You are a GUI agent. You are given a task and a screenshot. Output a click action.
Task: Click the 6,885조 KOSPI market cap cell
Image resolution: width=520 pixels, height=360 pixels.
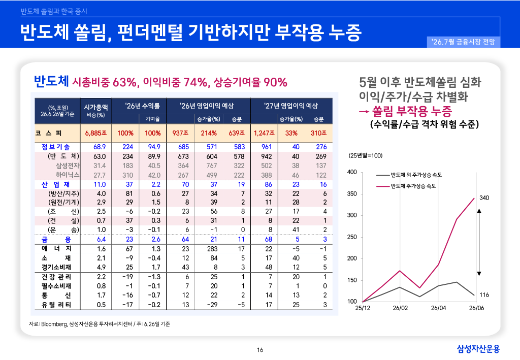point(96,133)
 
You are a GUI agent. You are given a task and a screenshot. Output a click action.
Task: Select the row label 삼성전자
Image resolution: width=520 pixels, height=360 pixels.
point(68,166)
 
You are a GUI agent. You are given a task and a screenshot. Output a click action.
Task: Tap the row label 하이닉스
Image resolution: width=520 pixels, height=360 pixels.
point(68,175)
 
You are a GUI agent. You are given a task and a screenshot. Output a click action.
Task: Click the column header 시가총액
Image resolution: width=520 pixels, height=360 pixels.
point(96,107)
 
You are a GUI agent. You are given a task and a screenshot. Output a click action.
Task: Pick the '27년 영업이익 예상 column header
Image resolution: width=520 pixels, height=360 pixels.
point(291,106)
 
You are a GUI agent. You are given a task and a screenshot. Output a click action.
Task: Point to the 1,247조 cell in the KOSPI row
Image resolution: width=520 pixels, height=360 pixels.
point(264,133)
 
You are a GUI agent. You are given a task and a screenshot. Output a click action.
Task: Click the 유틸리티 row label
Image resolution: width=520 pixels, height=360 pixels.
point(56,305)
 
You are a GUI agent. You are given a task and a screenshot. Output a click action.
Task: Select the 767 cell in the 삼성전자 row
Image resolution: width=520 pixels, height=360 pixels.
point(212,166)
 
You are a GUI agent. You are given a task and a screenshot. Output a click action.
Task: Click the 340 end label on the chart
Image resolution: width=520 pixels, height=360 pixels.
point(484,198)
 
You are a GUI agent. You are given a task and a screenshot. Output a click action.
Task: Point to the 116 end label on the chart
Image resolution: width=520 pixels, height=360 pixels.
point(484,294)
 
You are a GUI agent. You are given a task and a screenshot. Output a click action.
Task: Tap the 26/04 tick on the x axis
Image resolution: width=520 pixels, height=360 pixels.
point(438,308)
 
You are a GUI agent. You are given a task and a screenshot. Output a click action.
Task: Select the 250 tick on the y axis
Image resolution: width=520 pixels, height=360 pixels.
point(352,237)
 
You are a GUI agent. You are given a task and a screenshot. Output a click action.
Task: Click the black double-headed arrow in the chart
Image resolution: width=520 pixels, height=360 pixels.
point(479,242)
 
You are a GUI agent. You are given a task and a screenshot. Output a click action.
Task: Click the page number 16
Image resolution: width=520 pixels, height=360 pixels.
point(260,350)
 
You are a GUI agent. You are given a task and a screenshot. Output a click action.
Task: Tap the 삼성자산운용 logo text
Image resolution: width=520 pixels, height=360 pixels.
point(478,349)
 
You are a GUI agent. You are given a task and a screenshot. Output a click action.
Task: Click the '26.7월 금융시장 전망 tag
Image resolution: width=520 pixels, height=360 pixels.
point(463,42)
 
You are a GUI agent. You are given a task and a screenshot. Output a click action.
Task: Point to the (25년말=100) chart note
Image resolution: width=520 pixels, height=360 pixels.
point(365,156)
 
